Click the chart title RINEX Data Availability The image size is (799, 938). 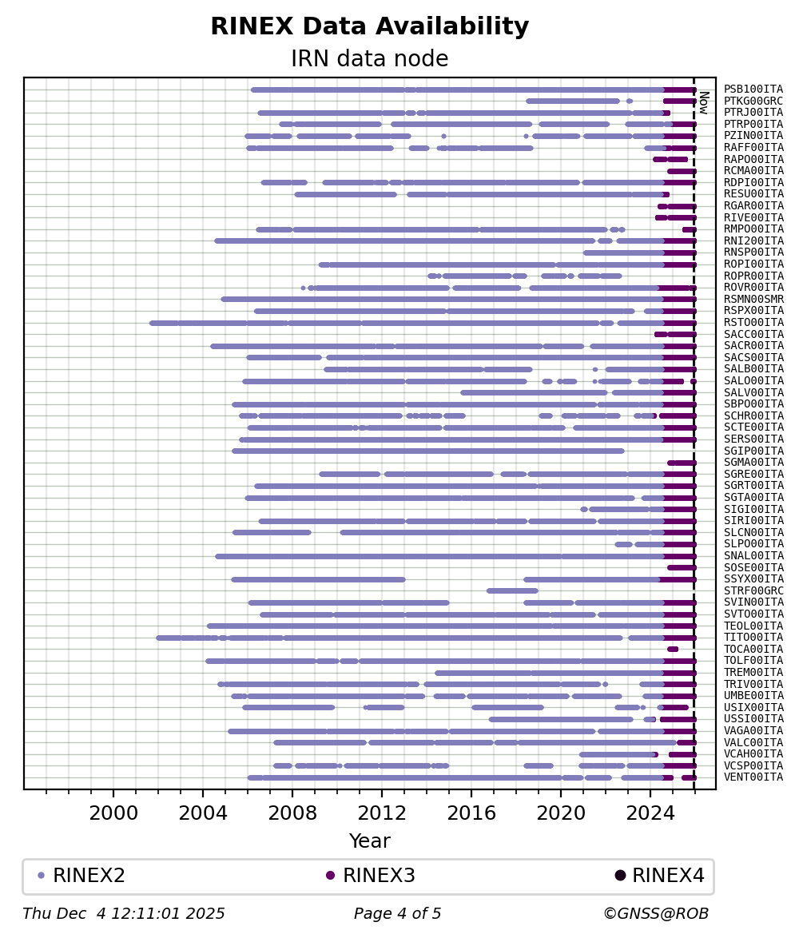pyautogui.click(x=370, y=26)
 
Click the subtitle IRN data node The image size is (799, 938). pyautogui.click(x=370, y=58)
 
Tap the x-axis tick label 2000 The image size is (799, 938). pyautogui.click(x=113, y=813)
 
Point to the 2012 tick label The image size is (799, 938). pyautogui.click(x=382, y=813)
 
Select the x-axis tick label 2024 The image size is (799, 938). pyautogui.click(x=650, y=813)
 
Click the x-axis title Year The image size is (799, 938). pyautogui.click(x=370, y=841)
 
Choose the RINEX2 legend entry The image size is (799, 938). pyautogui.click(x=82, y=875)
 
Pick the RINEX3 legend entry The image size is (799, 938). pyautogui.click(x=372, y=875)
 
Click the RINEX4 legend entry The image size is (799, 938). pyautogui.click(x=660, y=875)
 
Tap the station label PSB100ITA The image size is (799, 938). pyautogui.click(x=753, y=89)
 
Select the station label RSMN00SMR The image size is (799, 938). pyautogui.click(x=753, y=299)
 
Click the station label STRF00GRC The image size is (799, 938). pyautogui.click(x=753, y=591)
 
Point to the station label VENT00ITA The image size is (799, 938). pyautogui.click(x=753, y=777)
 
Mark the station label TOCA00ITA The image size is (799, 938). pyautogui.click(x=753, y=649)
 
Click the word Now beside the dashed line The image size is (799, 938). pyautogui.click(x=704, y=102)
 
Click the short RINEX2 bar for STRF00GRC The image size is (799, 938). pyautogui.click(x=512, y=591)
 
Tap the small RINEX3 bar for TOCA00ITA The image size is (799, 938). pyautogui.click(x=673, y=649)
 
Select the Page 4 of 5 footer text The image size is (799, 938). pyautogui.click(x=398, y=913)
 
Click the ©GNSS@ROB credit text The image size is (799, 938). pyautogui.click(x=656, y=913)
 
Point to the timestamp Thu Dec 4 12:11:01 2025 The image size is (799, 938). pyautogui.click(x=124, y=913)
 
